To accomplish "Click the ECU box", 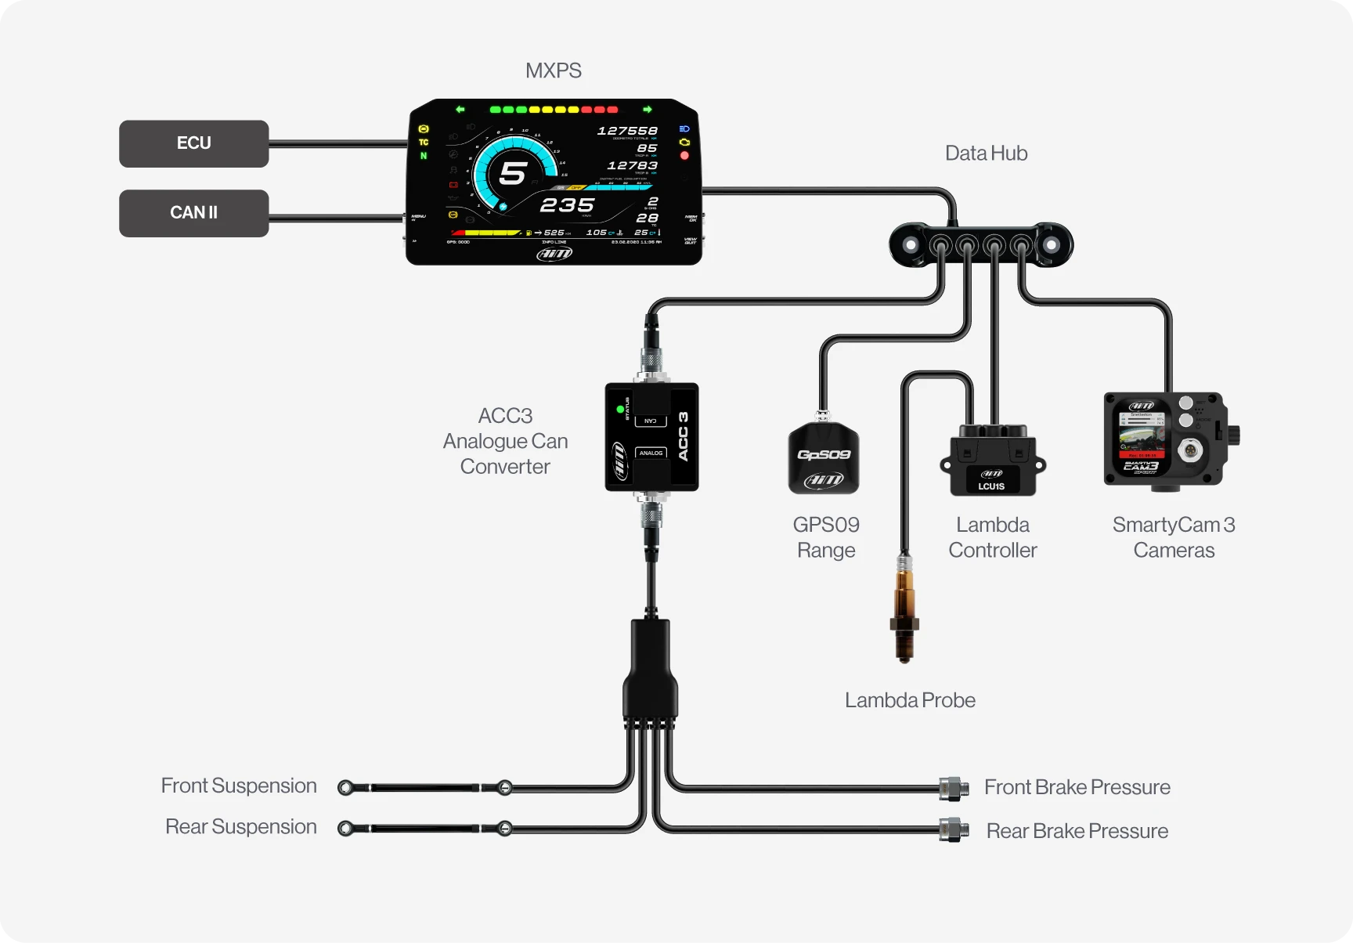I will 193,143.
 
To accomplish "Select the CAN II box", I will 193,213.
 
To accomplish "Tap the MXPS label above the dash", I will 553,70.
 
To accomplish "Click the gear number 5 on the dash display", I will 513,173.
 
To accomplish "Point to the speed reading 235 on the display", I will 567,206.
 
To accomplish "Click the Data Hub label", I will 986,154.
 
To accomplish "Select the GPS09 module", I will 823,458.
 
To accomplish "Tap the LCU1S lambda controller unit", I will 992,462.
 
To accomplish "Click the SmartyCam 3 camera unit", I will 1166,440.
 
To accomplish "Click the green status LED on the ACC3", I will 620,409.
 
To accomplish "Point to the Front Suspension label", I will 239,786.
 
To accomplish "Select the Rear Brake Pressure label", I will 1077,831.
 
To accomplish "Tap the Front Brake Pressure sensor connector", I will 953,788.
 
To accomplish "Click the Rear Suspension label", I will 240,827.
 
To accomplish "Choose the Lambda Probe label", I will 910,700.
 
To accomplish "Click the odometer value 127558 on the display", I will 627,131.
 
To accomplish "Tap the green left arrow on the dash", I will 460,110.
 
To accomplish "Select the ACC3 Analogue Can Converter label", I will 505,441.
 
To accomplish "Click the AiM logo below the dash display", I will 554,253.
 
